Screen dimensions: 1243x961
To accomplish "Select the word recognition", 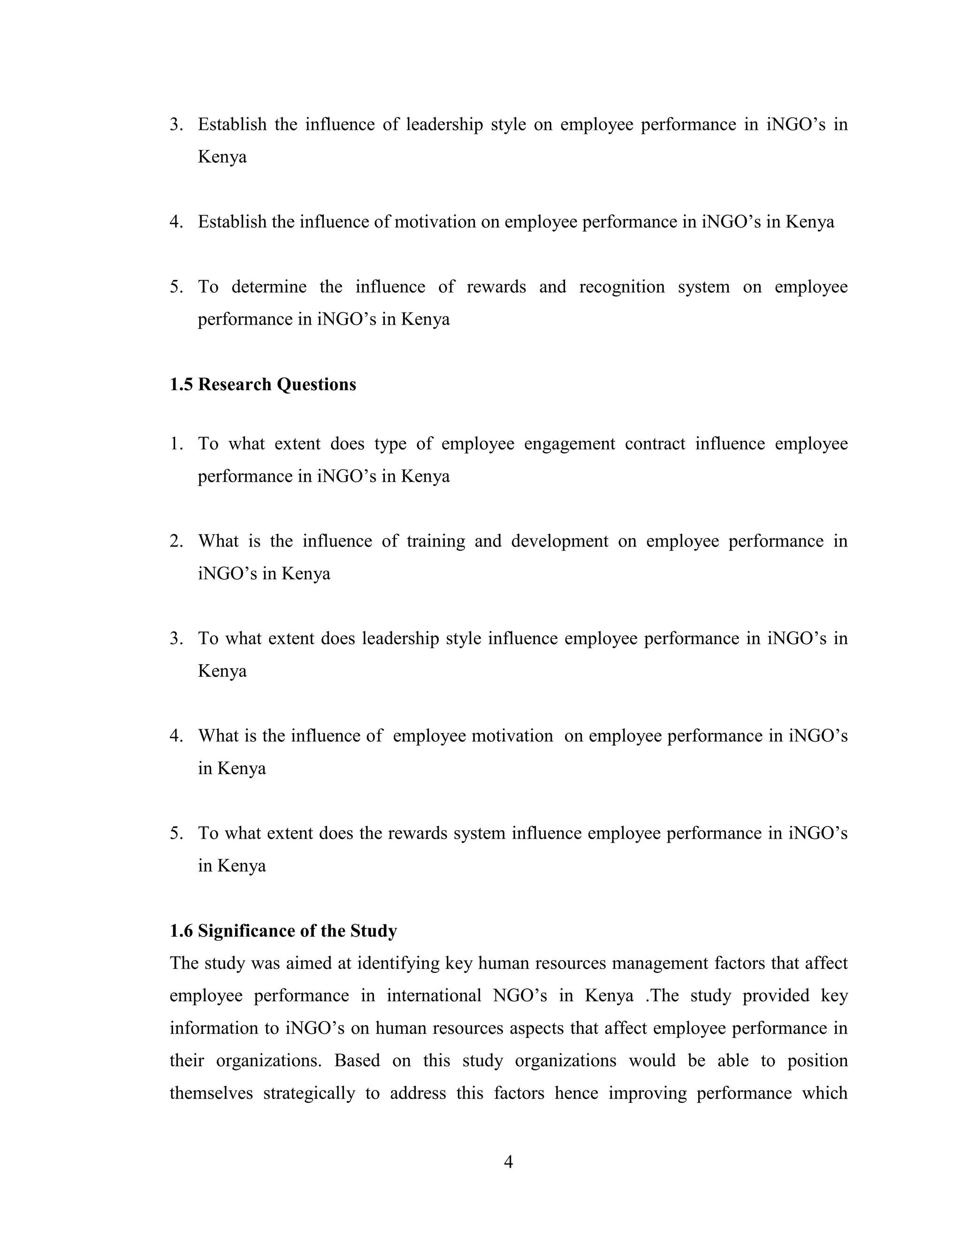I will [622, 287].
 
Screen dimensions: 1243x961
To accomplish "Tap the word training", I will [435, 541].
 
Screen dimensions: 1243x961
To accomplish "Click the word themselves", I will [211, 1093].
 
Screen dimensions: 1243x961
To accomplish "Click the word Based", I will [358, 1061].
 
